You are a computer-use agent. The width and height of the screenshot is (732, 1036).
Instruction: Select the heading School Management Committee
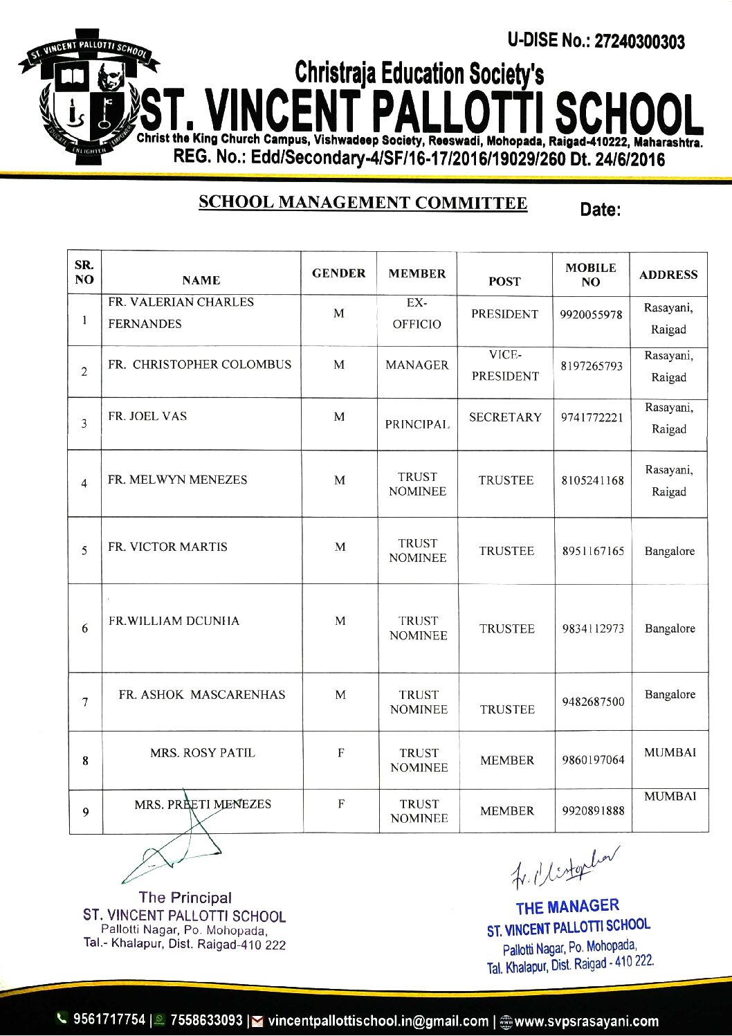[363, 203]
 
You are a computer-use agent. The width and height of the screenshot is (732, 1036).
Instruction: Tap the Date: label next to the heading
[600, 210]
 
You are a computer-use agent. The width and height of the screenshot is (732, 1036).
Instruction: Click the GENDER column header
[338, 273]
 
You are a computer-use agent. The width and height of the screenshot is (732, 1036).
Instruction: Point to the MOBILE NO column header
[590, 275]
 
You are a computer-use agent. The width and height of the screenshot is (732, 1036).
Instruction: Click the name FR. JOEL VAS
[147, 416]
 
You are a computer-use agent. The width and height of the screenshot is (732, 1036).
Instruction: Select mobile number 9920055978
[592, 314]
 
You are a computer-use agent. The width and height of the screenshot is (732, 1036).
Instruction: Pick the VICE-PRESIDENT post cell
[504, 365]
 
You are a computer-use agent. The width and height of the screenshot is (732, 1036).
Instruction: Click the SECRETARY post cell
[505, 417]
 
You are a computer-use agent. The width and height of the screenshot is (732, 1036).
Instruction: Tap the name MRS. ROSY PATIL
[203, 752]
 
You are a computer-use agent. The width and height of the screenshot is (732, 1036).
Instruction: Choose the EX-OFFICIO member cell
[417, 313]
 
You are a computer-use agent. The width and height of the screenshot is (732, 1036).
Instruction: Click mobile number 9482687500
[593, 702]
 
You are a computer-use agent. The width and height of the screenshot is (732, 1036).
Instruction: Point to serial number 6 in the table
[85, 628]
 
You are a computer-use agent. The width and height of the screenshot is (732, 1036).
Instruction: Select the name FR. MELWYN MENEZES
[177, 480]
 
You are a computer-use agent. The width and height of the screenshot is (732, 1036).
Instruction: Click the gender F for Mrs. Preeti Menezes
[341, 804]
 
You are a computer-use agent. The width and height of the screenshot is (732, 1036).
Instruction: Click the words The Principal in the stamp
[185, 898]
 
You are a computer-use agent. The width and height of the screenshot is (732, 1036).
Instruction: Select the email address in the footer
[378, 1021]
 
